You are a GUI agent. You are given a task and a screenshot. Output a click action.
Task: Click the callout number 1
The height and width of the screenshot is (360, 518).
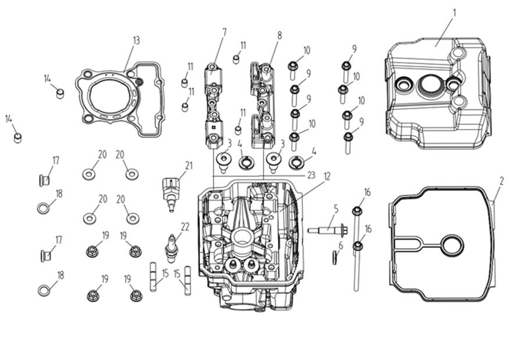click(455, 12)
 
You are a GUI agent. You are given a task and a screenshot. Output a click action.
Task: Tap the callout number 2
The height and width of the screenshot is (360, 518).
click(502, 181)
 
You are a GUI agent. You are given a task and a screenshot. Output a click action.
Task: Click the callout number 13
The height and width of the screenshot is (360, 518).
click(136, 40)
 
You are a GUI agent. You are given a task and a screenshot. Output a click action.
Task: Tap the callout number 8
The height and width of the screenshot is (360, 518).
click(279, 35)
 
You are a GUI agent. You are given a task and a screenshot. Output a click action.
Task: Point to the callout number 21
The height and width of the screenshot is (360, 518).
click(189, 165)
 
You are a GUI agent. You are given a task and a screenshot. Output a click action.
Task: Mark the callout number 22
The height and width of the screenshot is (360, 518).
click(185, 226)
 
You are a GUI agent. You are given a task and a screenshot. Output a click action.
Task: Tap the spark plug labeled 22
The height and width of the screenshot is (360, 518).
click(172, 247)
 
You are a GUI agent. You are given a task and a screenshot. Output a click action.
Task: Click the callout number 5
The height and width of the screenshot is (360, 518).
click(335, 208)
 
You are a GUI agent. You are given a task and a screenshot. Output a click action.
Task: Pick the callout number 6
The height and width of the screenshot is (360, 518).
click(341, 246)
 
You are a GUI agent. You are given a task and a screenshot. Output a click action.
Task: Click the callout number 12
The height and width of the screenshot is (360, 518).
click(327, 176)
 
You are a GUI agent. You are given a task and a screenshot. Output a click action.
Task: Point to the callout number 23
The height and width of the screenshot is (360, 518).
click(311, 173)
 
